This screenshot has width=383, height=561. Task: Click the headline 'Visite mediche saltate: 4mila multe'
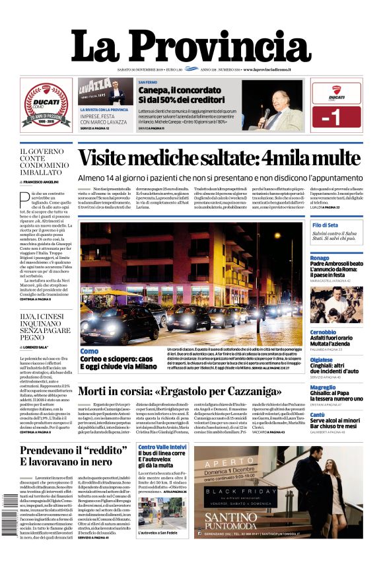(x=218, y=159)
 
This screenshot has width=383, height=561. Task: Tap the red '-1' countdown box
(x=336, y=116)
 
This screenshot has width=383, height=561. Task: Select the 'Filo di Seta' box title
(x=326, y=225)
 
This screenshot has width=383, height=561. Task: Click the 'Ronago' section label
(x=320, y=258)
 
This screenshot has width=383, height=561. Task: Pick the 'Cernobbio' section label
(x=323, y=332)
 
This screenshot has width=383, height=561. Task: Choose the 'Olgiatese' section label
(x=322, y=359)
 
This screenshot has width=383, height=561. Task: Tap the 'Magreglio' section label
(x=323, y=387)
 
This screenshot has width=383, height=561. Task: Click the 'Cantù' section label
(x=318, y=415)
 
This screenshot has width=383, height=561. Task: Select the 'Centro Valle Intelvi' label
(x=162, y=448)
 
